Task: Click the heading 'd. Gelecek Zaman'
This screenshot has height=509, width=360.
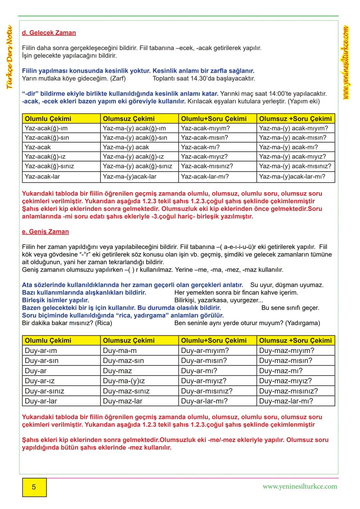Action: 49,33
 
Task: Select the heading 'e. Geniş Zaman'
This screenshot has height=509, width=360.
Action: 45,232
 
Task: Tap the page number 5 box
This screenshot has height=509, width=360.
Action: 34,487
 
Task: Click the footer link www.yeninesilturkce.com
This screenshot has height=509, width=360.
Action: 300,486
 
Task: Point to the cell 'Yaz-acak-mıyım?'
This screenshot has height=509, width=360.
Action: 205,128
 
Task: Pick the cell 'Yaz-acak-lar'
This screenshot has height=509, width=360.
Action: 42,177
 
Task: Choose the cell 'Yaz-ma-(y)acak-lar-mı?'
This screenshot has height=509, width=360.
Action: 292,177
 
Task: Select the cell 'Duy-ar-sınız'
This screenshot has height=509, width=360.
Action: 44,391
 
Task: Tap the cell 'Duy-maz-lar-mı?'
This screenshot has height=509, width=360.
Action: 286,401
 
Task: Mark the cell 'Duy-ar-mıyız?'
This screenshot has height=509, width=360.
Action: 204,381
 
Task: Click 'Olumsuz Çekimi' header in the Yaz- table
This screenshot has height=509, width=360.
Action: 129,119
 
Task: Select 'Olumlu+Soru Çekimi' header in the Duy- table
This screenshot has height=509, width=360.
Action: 214,341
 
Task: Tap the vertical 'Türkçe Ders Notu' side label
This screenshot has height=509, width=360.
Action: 9,57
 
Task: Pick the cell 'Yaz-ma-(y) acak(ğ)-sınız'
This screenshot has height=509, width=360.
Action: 137,166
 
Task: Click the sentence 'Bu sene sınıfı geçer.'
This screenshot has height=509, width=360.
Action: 290,308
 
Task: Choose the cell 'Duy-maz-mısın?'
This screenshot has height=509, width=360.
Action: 286,361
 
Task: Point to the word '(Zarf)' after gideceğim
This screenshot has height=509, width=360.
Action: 118,79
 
